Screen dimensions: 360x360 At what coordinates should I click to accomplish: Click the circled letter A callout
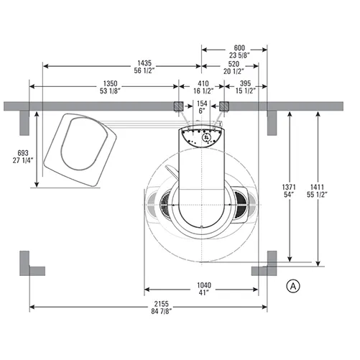point(293,286)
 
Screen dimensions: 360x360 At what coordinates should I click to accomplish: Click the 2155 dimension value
point(161,304)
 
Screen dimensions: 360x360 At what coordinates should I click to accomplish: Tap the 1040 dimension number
point(204,285)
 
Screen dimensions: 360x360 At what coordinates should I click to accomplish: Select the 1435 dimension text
point(144,63)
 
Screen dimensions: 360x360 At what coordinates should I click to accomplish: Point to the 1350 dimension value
point(110,83)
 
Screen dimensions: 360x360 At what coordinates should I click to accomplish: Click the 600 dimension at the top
point(239,47)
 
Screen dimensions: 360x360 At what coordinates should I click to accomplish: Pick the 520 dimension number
point(234,64)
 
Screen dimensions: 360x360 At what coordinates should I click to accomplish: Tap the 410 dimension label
point(203,83)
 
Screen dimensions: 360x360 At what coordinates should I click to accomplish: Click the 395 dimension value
point(246,83)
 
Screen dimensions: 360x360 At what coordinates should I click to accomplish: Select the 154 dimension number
point(202,103)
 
